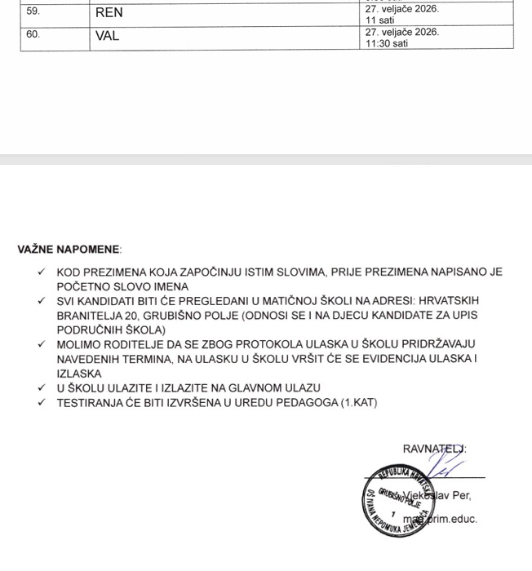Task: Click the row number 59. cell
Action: click(33, 13)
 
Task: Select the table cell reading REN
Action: click(109, 13)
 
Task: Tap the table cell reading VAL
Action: click(108, 36)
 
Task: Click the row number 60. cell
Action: click(33, 36)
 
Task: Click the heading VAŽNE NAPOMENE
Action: click(69, 250)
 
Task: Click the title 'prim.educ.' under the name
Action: click(452, 519)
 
